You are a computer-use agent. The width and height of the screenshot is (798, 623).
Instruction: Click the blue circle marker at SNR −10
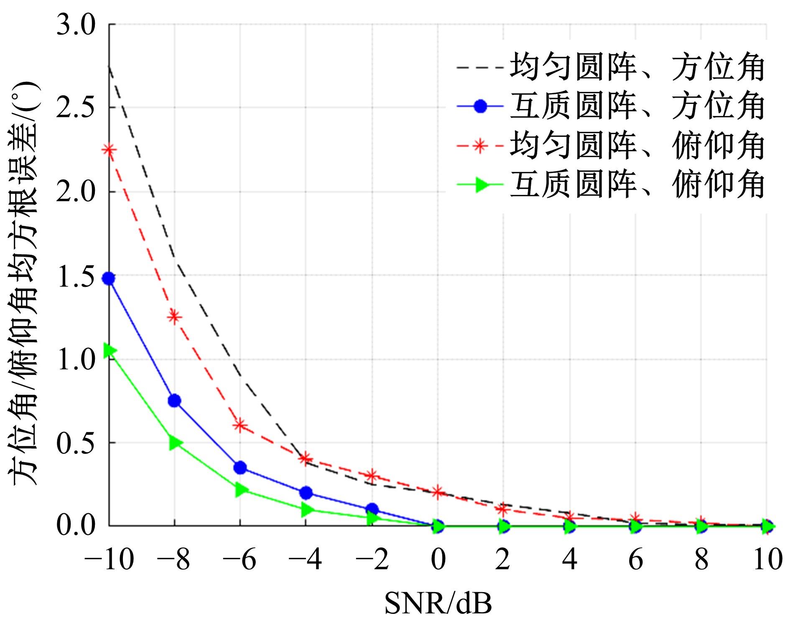click(x=109, y=279)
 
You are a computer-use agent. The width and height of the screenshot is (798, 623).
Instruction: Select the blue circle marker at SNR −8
click(x=174, y=401)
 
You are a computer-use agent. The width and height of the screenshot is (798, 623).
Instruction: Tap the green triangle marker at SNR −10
click(x=110, y=350)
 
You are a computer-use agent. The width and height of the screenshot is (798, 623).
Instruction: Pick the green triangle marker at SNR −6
click(x=241, y=489)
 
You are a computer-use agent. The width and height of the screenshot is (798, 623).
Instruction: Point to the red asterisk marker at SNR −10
click(x=109, y=149)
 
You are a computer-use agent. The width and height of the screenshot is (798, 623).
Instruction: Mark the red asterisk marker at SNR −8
click(x=174, y=317)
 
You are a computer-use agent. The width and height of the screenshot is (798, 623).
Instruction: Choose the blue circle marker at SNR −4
click(x=306, y=493)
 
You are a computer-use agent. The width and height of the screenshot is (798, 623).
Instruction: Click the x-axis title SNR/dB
click(x=438, y=604)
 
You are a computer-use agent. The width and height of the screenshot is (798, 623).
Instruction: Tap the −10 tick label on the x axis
click(x=109, y=560)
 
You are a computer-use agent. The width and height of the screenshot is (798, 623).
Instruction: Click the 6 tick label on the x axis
click(x=635, y=560)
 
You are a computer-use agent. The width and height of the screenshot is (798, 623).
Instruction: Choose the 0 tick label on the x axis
click(x=438, y=560)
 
